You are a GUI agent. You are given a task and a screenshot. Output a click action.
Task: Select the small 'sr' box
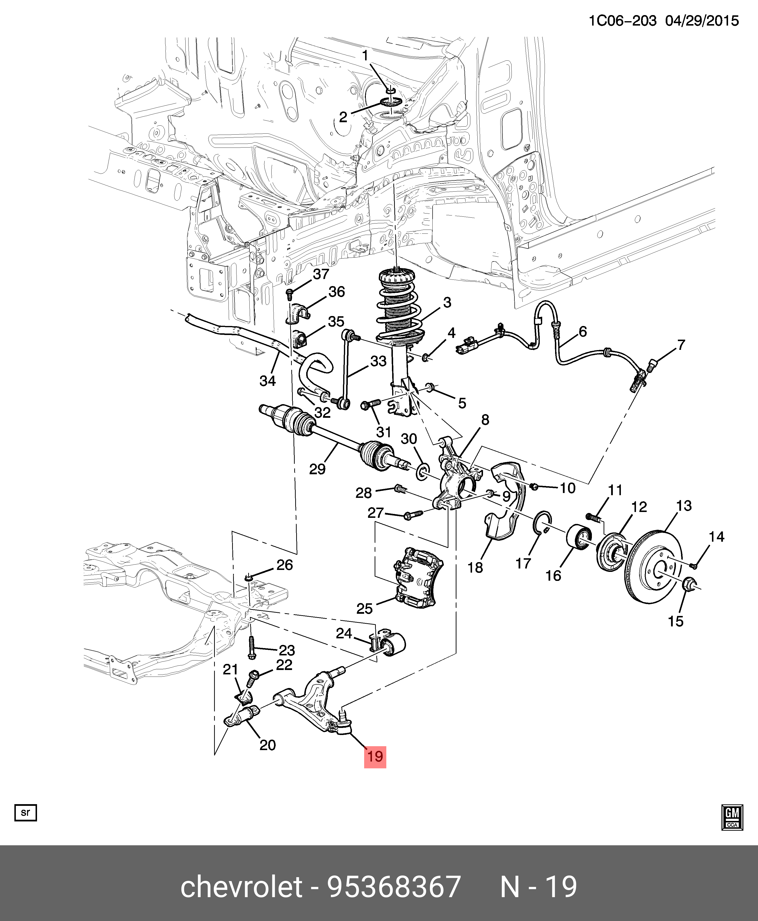(x=26, y=812)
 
